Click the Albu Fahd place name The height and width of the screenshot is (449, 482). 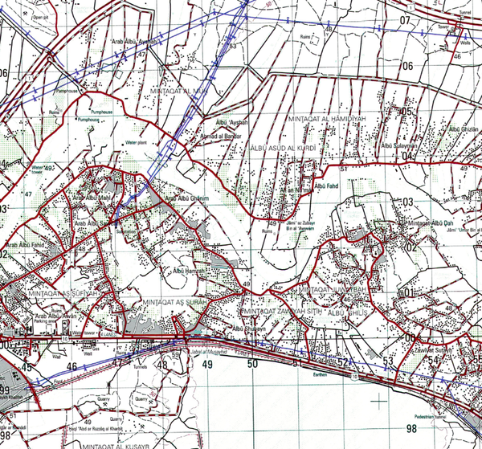pos(328,186)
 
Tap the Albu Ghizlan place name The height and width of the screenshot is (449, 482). pos(464,129)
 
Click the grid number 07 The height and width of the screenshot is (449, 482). pos(405,20)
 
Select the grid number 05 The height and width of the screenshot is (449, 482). pos(406,112)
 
